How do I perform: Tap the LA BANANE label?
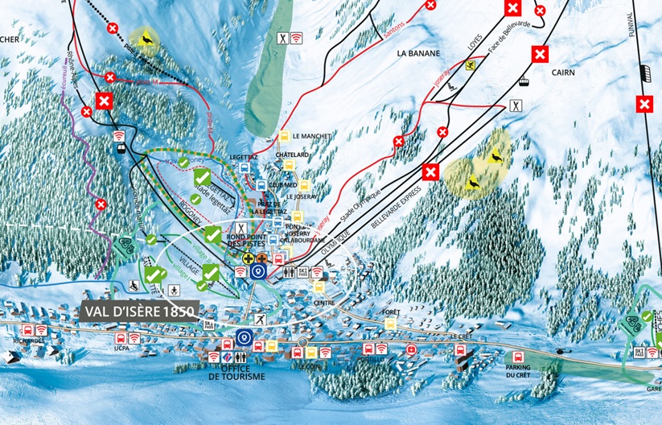418,53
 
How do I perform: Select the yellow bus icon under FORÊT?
391,323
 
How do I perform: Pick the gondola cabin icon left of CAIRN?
522,80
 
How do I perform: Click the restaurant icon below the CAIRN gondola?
516,105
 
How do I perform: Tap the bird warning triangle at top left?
146,39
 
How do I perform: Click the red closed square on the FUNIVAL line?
644,104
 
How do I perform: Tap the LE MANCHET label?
311,137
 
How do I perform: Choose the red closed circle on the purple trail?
101,204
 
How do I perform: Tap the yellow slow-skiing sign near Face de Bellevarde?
471,65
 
